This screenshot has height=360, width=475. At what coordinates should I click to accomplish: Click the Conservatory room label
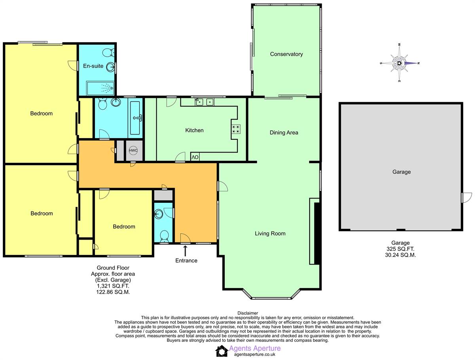286,54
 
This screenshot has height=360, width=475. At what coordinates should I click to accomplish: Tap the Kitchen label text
194,130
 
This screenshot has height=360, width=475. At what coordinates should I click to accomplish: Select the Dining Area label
283,133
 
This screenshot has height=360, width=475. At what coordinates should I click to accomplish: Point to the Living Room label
270,234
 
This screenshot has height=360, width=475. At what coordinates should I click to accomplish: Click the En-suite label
93,66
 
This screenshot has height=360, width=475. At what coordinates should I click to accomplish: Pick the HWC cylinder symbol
133,151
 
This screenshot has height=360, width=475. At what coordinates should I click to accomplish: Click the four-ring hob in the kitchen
236,129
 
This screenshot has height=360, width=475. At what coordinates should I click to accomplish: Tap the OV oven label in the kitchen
195,157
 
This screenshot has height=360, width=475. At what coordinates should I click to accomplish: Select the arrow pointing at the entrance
185,250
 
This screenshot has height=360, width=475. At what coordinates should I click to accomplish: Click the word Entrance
186,261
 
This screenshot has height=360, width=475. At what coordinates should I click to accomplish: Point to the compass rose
400,63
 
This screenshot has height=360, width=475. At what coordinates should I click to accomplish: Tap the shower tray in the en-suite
101,87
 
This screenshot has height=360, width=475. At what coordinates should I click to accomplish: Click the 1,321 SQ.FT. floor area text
113,286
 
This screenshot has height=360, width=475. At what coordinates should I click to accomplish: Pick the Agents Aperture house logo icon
221,350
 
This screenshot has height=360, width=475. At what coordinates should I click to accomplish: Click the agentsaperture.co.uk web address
254,355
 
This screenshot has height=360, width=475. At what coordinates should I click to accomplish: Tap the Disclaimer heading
247,313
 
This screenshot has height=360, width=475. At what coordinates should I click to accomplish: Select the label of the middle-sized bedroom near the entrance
124,227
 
